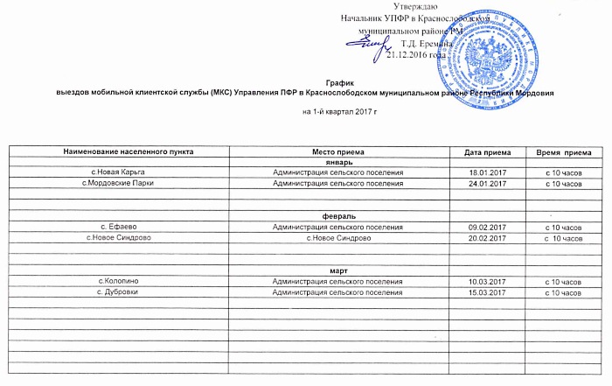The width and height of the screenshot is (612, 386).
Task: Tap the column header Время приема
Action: pos(562,153)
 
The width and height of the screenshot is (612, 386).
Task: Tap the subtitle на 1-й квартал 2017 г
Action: pos(344,114)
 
